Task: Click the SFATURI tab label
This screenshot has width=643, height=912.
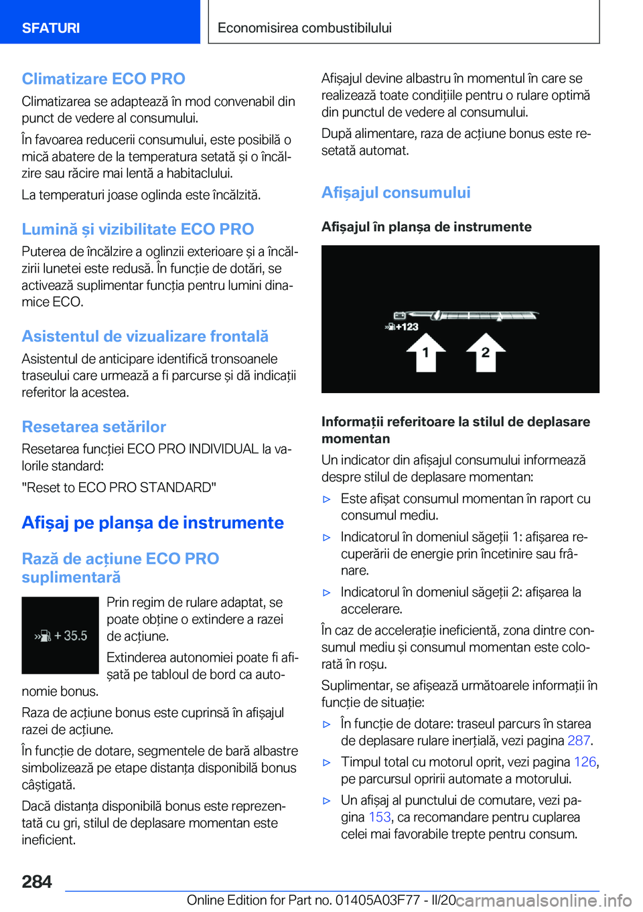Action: [51, 28]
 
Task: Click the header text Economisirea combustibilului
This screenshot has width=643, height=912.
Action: [304, 28]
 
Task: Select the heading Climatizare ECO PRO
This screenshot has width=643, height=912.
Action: [103, 79]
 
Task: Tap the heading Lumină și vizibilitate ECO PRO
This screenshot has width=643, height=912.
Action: [137, 230]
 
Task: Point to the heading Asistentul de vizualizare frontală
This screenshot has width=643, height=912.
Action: [145, 336]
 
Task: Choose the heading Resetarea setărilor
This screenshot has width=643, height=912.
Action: [94, 427]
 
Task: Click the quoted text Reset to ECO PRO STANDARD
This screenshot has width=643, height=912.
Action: [119, 487]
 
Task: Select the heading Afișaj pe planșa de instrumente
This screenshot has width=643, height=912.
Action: [153, 523]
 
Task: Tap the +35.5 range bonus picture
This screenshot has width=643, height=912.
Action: [60, 635]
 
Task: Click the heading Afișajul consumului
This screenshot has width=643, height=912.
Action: [396, 193]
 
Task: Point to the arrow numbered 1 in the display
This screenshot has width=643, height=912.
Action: [425, 352]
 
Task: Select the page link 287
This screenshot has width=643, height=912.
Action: [579, 741]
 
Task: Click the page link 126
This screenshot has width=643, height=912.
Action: [585, 762]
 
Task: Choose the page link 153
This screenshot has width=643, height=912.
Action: [380, 817]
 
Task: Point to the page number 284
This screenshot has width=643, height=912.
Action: [37, 882]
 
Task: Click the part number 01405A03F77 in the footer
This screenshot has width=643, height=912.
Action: [377, 900]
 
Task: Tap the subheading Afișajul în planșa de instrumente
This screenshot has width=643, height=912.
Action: [426, 227]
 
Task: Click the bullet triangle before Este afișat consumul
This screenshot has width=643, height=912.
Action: [327, 499]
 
